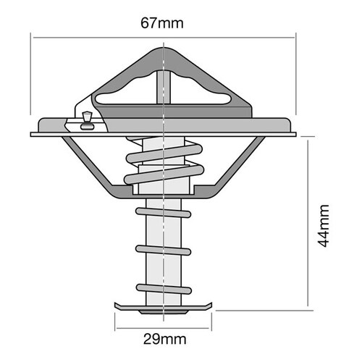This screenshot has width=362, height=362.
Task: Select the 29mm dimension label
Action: coord(164,337)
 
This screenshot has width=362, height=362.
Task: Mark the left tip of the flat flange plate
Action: coord(33,134)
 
